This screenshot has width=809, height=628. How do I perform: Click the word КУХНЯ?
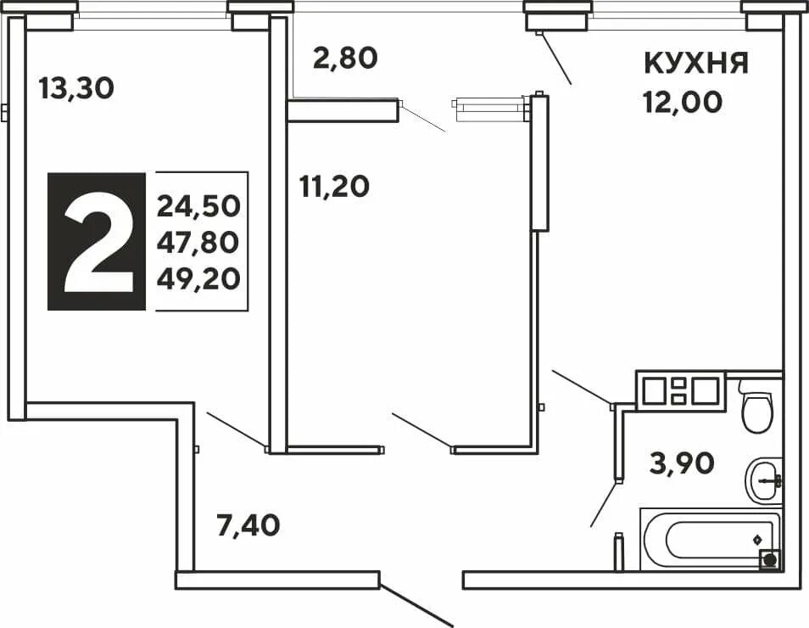point(696,63)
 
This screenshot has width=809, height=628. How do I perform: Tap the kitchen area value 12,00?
point(682,103)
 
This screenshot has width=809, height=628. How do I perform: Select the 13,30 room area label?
point(76,87)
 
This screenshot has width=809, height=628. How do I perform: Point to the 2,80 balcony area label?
point(343,58)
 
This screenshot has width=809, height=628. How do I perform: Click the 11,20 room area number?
point(334,185)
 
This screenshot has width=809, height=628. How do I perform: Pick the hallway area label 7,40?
point(248,526)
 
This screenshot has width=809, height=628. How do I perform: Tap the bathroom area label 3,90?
point(682,463)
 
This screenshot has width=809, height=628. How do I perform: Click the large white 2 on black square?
point(97,242)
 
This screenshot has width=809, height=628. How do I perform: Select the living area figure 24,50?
point(198,205)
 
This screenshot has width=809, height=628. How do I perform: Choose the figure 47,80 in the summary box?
point(198,242)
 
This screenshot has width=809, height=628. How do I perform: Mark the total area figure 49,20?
point(198,278)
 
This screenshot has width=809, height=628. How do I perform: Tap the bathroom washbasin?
point(764,480)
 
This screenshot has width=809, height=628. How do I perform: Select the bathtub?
point(709,540)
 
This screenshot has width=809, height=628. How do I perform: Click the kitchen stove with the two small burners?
point(681,391)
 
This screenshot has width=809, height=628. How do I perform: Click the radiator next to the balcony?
point(491,107)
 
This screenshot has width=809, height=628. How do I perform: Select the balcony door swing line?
point(422,119)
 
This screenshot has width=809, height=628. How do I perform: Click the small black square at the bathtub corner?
point(770,559)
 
